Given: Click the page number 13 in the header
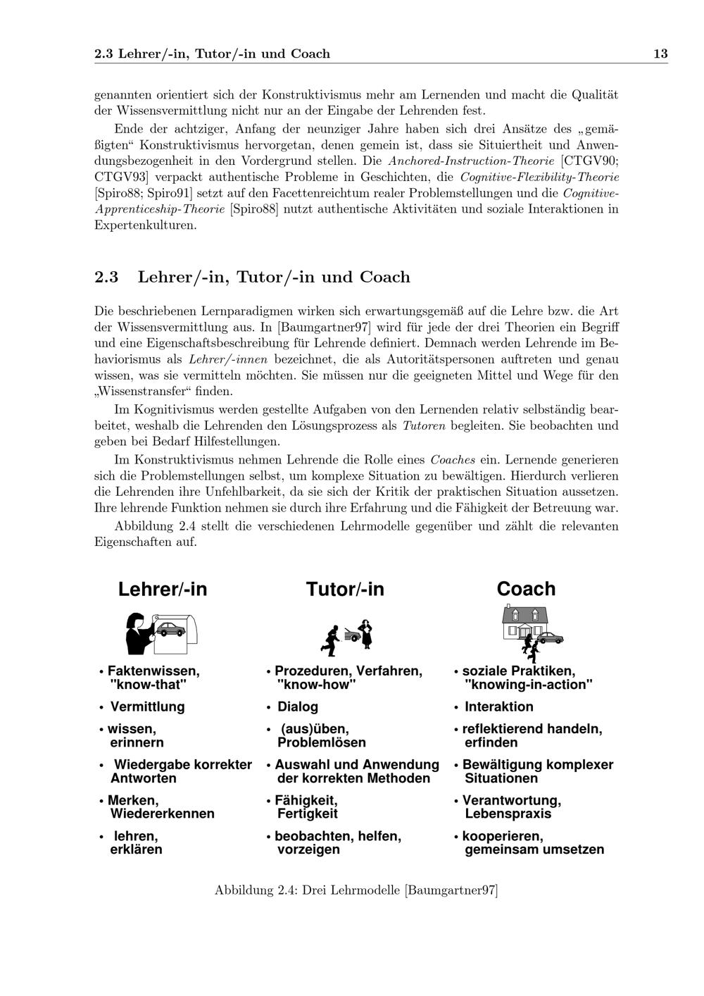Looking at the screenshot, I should [660, 54].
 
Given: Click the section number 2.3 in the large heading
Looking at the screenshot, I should [106, 277].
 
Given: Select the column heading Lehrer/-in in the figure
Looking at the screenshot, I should [163, 589].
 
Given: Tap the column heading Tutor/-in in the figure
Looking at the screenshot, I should [345, 589].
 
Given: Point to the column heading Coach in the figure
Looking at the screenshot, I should [526, 589].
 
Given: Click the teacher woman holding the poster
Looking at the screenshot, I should [137, 633].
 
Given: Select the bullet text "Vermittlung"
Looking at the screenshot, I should [147, 706].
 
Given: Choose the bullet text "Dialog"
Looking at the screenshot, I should [298, 706].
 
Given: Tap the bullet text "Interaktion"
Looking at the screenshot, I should [499, 706].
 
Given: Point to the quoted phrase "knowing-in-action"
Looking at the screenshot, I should [529, 685].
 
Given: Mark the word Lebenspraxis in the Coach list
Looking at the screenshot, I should [508, 814].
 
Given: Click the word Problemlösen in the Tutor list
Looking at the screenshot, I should [322, 742].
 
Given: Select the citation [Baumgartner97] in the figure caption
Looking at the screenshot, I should [451, 890].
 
